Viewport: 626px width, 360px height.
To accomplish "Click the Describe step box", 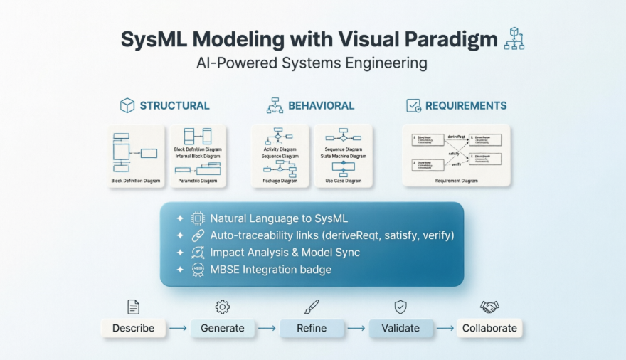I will coord(133,328).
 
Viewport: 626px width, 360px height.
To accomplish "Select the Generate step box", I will coord(222,328).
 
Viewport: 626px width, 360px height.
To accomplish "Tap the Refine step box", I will coord(312,328).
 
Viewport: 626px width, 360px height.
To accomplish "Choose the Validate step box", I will coord(400,328).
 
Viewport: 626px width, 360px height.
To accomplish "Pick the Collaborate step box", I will coord(490,328).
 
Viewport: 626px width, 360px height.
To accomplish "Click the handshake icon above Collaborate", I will coord(489,307).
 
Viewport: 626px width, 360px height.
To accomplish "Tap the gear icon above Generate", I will coord(222,307).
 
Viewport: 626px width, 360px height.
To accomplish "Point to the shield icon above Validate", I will coord(400,307).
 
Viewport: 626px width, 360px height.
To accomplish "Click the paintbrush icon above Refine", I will coord(312,307).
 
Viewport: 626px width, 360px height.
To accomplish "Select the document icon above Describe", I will coord(133,307).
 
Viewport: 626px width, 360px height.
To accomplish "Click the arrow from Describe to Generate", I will coord(178,329).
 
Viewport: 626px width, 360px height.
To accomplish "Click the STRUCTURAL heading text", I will coord(174,106).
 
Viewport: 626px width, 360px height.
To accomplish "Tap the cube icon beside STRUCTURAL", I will coord(127,106).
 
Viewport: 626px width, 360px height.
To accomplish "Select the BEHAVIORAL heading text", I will coord(321,106).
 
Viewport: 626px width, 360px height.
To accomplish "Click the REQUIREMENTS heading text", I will coord(466,106).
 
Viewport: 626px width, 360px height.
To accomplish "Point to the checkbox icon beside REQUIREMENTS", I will coord(413,106).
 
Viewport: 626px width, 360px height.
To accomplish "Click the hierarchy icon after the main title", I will coord(514,39).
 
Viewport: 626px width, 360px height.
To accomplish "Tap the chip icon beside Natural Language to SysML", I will coord(198,219).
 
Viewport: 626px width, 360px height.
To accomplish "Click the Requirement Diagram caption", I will coord(456,181).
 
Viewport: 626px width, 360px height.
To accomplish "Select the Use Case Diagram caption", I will coord(344,181).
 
